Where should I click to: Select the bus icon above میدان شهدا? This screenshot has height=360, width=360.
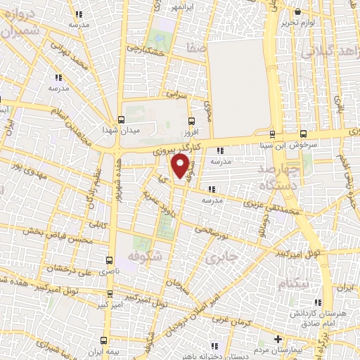click(x=122, y=119)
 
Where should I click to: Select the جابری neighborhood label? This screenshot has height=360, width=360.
click(x=222, y=257)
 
